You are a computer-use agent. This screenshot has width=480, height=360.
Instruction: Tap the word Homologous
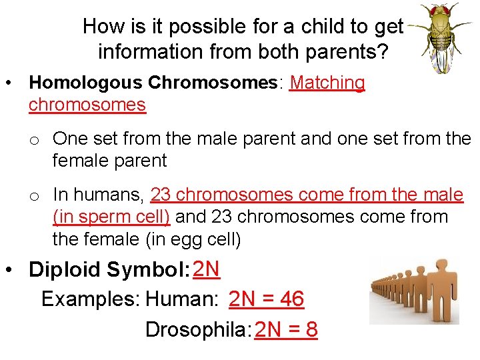point(85,83)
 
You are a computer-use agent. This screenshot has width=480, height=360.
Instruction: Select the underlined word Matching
point(327,83)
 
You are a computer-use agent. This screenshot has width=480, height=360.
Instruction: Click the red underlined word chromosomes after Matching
point(87,105)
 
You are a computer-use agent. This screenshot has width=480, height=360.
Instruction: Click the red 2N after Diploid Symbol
point(206,268)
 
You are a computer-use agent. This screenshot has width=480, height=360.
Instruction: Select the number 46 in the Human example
point(291,299)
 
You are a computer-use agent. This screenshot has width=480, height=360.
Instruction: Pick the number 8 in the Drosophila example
point(310,329)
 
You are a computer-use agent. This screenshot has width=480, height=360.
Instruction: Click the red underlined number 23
point(161,195)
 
